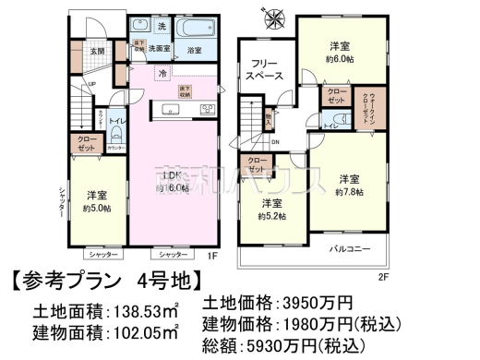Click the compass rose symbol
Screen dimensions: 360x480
click(276, 19)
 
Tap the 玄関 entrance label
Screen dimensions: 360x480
click(98, 52)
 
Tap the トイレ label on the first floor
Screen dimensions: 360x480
click(118, 120)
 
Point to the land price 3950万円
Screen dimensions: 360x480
click(314, 302)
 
